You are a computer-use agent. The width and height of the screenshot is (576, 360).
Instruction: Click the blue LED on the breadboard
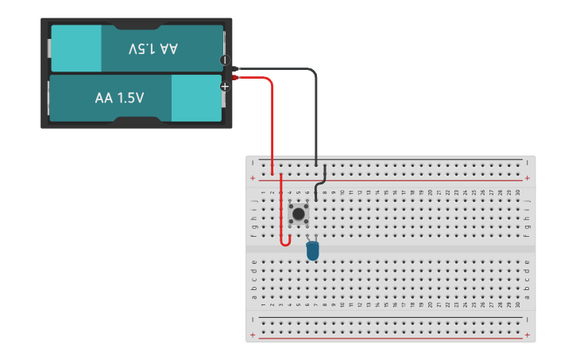point(312,250)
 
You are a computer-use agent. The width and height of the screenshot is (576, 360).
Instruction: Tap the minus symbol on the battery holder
point(225,60)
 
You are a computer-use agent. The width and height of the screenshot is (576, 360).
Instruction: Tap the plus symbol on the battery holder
point(225,86)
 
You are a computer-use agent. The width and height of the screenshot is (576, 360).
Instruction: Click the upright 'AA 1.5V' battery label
point(119,99)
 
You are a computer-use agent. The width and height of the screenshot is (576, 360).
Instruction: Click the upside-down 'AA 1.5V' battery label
point(153,49)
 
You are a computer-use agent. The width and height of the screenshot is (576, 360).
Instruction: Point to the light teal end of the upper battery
point(76,49)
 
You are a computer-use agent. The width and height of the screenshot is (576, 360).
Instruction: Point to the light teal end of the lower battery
point(195,99)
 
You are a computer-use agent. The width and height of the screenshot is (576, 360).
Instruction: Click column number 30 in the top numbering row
point(517,192)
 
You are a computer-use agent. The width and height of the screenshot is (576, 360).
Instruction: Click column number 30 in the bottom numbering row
point(517,305)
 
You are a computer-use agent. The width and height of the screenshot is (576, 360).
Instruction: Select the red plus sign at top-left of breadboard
point(253,178)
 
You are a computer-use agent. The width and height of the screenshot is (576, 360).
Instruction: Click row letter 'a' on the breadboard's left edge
point(253,298)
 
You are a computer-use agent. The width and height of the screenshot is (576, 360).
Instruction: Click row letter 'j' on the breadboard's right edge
point(528,201)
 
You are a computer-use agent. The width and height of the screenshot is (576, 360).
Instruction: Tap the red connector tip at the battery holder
point(237,77)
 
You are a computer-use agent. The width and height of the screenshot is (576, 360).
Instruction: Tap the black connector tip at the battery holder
point(237,69)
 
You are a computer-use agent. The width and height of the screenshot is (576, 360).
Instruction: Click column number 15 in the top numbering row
point(386,192)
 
